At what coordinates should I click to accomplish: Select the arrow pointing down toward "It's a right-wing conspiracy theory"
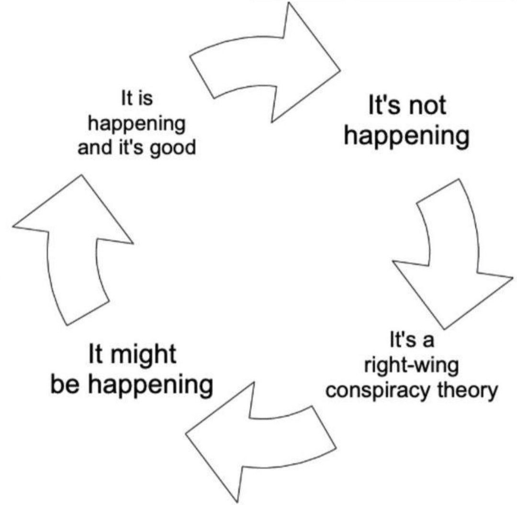point(452,254)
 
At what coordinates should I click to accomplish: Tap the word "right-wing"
point(412,366)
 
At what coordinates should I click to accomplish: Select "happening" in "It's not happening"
point(406,137)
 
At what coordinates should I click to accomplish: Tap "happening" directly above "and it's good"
point(136,125)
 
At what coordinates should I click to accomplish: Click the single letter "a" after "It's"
point(428,341)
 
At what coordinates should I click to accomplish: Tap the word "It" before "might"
point(96,354)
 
